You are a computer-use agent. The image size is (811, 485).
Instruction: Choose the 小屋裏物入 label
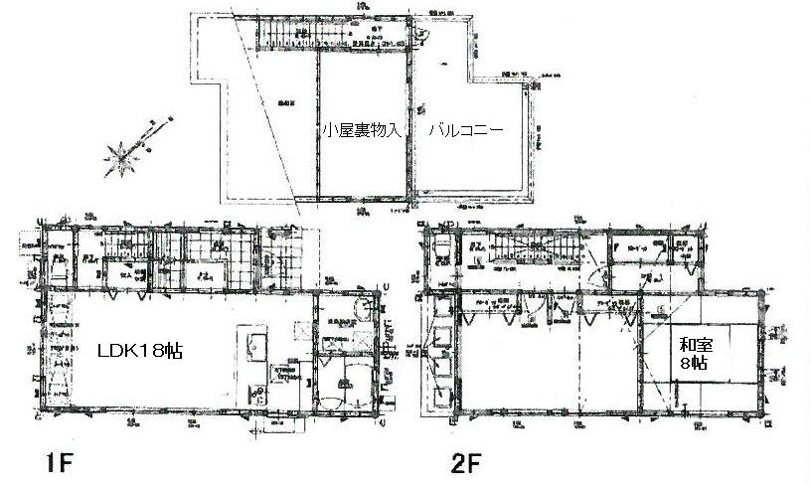360,130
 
